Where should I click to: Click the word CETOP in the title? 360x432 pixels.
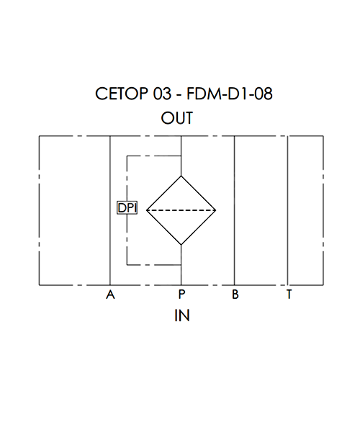[x=122, y=94]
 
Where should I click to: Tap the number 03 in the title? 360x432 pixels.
[x=162, y=94]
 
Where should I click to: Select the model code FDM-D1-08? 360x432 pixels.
[x=230, y=94]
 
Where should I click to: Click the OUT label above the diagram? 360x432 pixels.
[x=177, y=118]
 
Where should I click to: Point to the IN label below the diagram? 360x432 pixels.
[x=182, y=315]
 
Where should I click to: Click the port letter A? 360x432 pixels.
[x=110, y=294]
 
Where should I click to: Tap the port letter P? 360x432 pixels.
[x=181, y=294]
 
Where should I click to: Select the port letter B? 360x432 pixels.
[x=235, y=294]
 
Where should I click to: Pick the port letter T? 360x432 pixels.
[x=289, y=294]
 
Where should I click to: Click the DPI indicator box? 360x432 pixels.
[x=127, y=208]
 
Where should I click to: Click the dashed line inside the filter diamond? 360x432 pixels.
[x=181, y=210]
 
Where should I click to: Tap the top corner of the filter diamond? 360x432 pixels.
[x=181, y=176]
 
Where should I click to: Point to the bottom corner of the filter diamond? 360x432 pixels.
[x=181, y=245]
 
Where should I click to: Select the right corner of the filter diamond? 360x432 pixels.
[x=216, y=210]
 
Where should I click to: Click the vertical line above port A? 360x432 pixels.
[x=110, y=210]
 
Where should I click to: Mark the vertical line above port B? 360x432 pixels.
[x=235, y=210]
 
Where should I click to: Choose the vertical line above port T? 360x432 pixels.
[x=288, y=210]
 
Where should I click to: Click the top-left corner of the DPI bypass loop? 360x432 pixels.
[x=127, y=156]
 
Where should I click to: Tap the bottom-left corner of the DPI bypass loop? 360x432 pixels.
[x=127, y=265]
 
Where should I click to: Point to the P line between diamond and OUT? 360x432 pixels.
[x=181, y=156]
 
